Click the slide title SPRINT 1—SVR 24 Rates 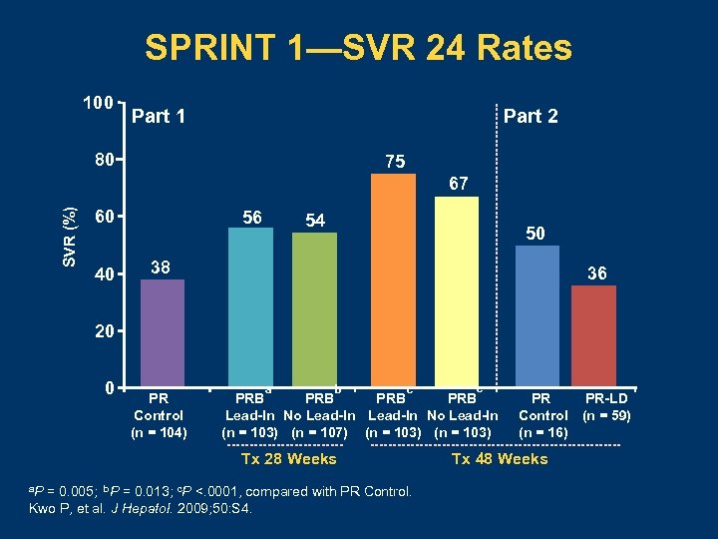pos(358,48)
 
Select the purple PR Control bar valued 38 pos(163,332)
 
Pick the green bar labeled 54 pos(314,309)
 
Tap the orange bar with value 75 pos(394,279)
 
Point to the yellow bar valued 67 pos(458,290)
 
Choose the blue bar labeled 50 pos(536,315)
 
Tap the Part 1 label pos(159,117)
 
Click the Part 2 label pos(531,117)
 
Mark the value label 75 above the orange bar pos(395,162)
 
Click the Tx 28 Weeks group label pos(289,459)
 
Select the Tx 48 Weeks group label pos(500,459)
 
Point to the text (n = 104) pos(159,432)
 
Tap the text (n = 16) pos(543,432)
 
